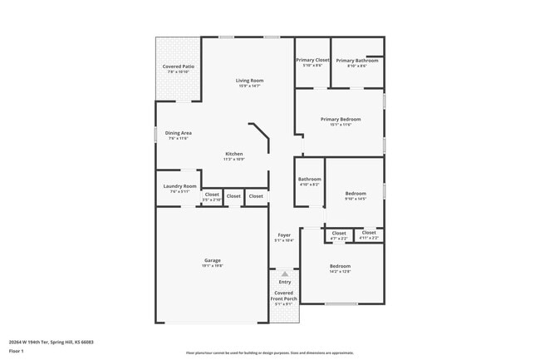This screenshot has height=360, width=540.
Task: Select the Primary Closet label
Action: point(313,60)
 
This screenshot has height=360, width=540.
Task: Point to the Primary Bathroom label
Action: point(358,60)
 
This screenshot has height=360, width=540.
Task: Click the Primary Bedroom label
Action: point(341,119)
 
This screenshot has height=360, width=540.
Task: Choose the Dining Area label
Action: point(179,133)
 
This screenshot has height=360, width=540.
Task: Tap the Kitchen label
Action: point(234,154)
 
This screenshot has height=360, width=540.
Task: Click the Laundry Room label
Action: point(179,186)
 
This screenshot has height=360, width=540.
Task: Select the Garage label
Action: point(213,260)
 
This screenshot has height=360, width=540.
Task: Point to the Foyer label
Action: point(284,235)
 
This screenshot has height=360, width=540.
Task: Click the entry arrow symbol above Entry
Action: point(285,273)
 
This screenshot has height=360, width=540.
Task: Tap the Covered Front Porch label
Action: point(284,295)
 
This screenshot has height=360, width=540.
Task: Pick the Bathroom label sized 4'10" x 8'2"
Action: point(310,179)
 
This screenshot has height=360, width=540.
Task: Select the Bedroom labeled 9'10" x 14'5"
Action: point(355,194)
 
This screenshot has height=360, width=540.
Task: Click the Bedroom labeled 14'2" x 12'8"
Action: point(340,266)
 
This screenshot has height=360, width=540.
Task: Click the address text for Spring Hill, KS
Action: point(51,342)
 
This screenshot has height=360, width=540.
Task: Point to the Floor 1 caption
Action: point(16,352)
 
